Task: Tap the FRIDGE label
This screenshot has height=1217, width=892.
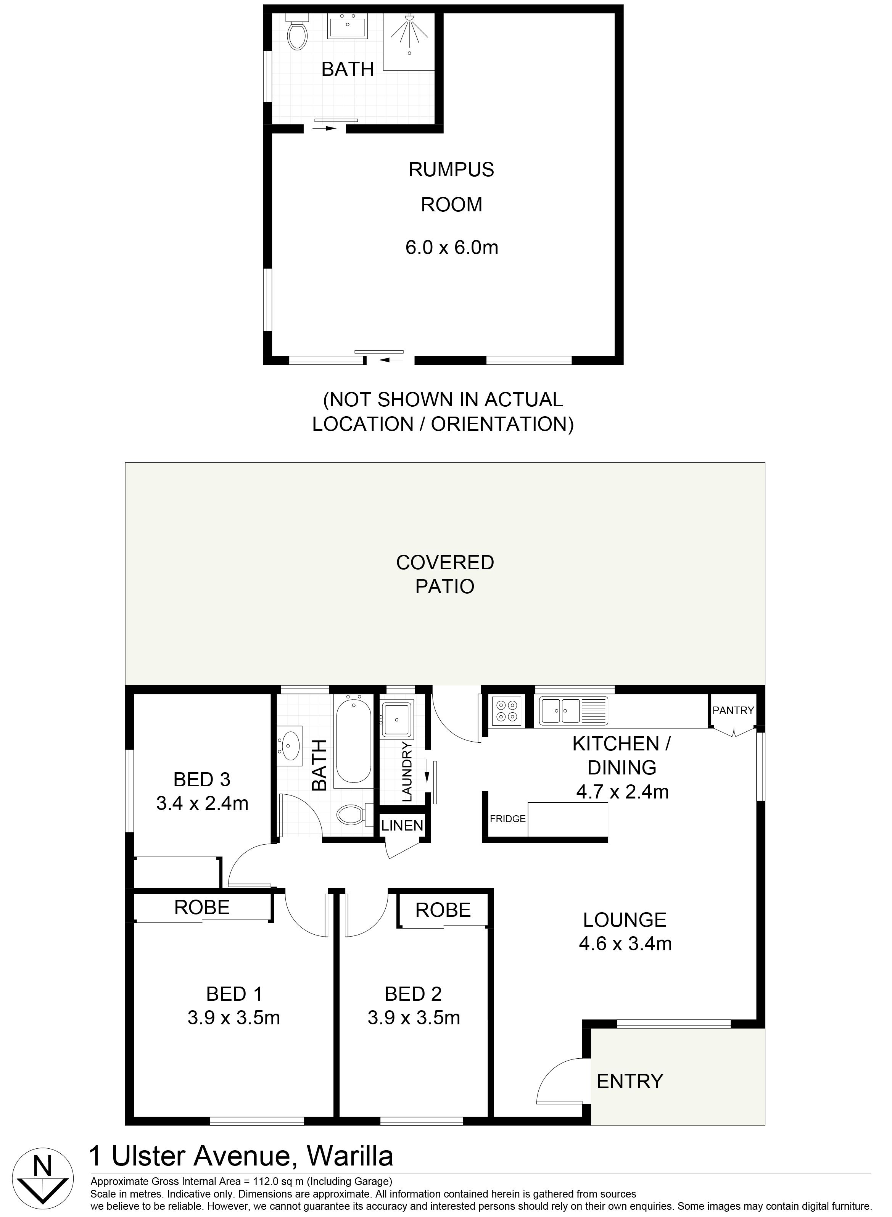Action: click(507, 819)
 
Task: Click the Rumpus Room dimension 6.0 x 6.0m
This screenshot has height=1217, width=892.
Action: click(452, 248)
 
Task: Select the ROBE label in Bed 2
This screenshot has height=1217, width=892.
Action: click(443, 910)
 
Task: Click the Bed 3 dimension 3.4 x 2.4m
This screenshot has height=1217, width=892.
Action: click(203, 803)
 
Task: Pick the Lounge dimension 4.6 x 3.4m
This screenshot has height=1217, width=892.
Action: click(625, 944)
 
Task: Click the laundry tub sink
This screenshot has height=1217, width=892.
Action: click(398, 719)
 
